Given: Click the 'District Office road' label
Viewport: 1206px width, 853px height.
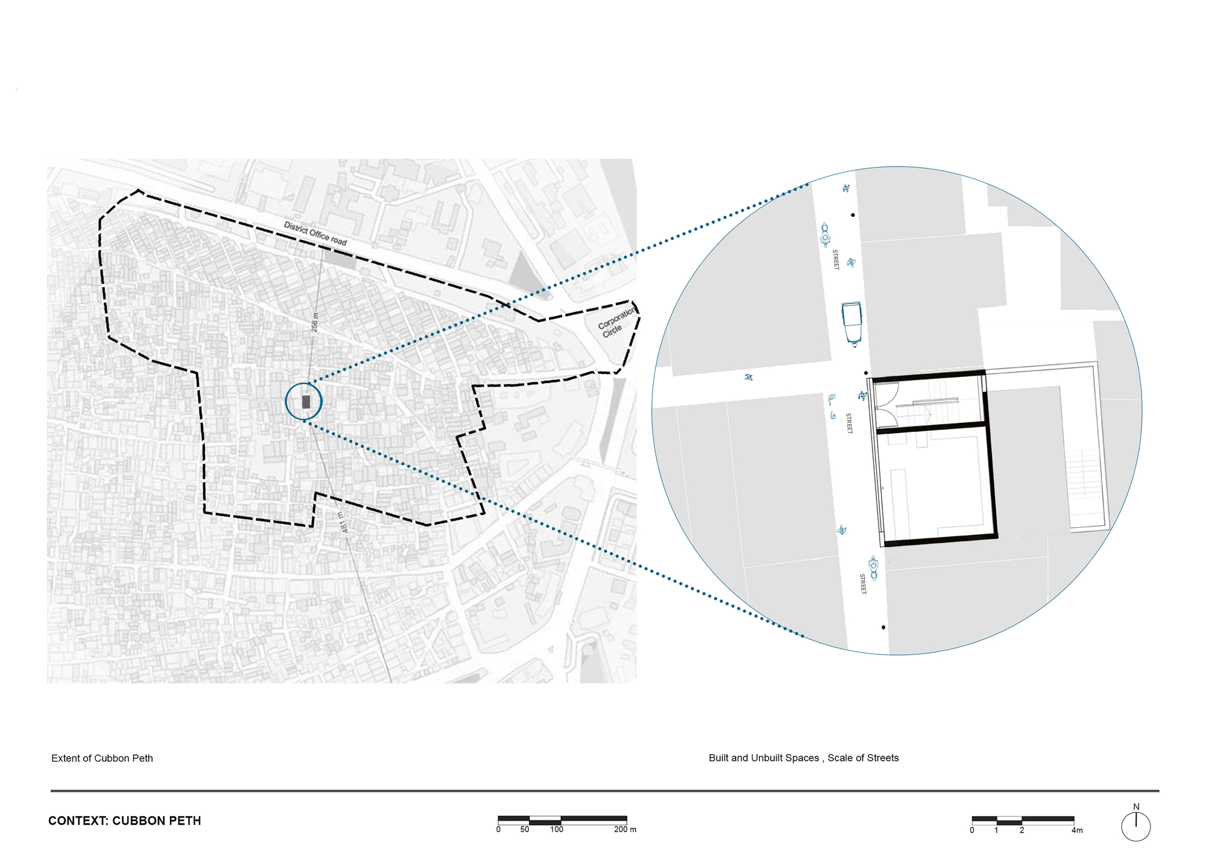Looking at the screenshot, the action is pyautogui.click(x=315, y=233).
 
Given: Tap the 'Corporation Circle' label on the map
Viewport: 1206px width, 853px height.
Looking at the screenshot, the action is pyautogui.click(x=616, y=322).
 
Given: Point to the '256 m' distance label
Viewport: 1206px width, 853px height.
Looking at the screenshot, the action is pyautogui.click(x=315, y=323).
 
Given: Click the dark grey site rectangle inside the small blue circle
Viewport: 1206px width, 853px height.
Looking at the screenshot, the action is pyautogui.click(x=306, y=402).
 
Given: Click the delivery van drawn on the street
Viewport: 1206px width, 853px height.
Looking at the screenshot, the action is pyautogui.click(x=851, y=323).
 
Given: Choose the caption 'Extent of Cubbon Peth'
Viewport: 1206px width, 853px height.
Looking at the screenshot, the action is pyautogui.click(x=102, y=758).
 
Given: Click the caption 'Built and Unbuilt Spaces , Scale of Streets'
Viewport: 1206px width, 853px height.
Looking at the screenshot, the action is pyautogui.click(x=803, y=758).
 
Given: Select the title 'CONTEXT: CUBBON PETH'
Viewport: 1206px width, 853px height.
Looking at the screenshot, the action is pyautogui.click(x=125, y=821).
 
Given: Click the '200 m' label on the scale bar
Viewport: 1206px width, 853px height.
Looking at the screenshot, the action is pyautogui.click(x=625, y=829).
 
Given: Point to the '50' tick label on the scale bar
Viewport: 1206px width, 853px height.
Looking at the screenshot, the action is pyautogui.click(x=525, y=829).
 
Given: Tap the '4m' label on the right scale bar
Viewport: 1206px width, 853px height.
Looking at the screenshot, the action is pyautogui.click(x=1076, y=831).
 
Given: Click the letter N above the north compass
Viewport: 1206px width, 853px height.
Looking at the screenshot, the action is pyautogui.click(x=1136, y=807).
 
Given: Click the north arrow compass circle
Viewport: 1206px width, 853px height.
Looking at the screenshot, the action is pyautogui.click(x=1136, y=827).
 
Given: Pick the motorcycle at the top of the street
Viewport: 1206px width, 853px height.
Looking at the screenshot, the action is pyautogui.click(x=826, y=234).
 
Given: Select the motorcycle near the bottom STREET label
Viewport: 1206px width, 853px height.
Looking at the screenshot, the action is pyautogui.click(x=873, y=568).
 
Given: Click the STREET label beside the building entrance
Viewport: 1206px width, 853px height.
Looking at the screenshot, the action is pyautogui.click(x=849, y=423).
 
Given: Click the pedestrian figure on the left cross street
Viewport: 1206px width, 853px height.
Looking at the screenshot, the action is pyautogui.click(x=749, y=378).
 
